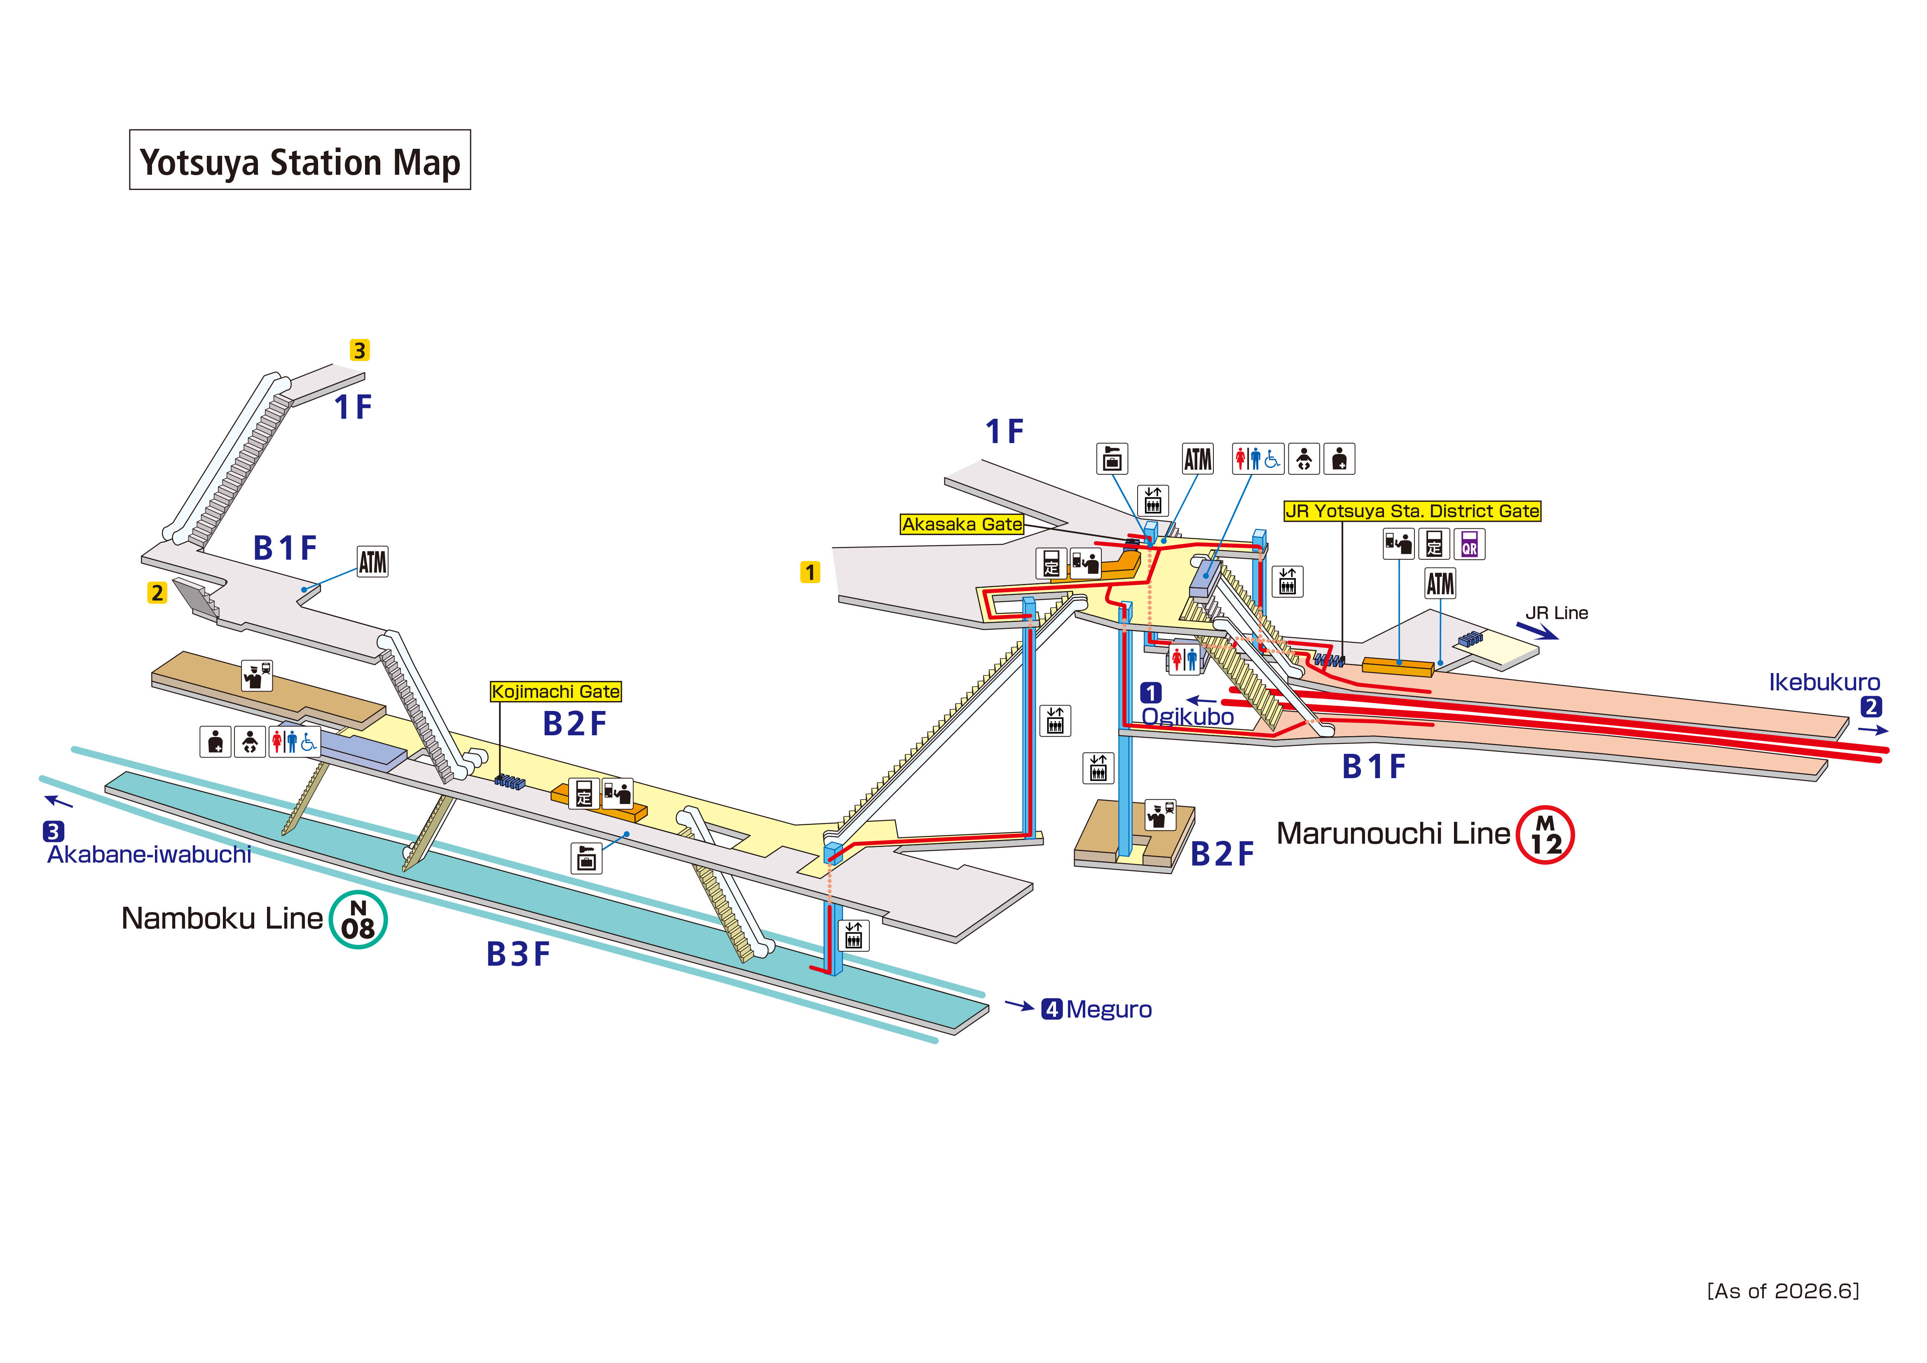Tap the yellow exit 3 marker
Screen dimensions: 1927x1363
[x=359, y=350]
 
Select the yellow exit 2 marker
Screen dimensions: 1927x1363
[x=157, y=593]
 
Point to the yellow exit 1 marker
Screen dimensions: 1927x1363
[x=810, y=572]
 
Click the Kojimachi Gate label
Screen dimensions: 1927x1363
[x=556, y=691]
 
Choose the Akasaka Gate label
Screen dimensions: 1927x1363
[x=962, y=524]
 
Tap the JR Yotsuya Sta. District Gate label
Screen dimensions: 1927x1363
[x=1412, y=511]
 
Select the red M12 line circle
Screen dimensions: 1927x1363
[x=1545, y=835]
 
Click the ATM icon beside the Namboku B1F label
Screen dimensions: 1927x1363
[x=372, y=562]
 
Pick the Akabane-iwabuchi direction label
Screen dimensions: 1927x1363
[x=150, y=854]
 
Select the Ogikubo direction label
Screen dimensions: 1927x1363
[x=1187, y=716]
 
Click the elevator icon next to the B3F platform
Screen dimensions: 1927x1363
[x=854, y=935]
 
